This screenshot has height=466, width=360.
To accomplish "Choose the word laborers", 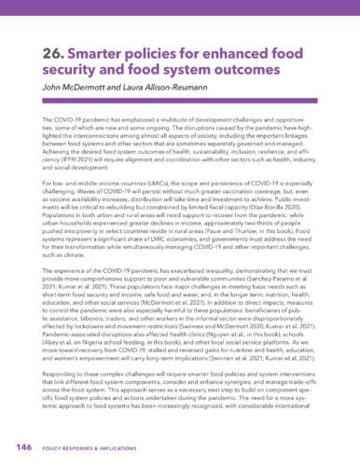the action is [92, 323].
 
